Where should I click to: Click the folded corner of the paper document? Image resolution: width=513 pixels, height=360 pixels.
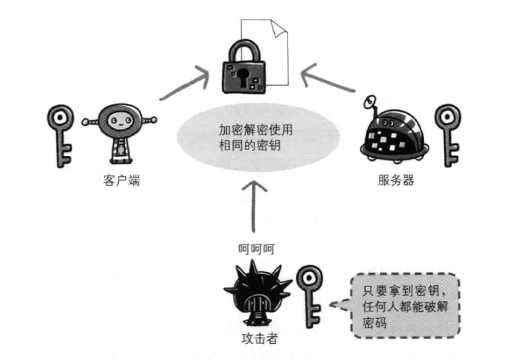pyautogui.click(x=279, y=28)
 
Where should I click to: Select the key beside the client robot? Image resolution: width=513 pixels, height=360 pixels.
pyautogui.click(x=61, y=136)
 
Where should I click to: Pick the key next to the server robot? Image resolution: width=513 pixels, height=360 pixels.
pyautogui.click(x=448, y=135)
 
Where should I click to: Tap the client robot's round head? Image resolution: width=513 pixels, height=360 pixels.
pyautogui.click(x=120, y=121)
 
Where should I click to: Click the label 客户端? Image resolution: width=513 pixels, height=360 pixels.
pyautogui.click(x=122, y=180)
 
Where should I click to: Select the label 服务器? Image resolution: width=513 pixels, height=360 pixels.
pyautogui.click(x=396, y=180)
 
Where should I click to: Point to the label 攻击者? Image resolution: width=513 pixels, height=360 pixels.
pyautogui.click(x=260, y=338)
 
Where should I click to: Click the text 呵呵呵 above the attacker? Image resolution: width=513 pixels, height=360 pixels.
pyautogui.click(x=256, y=249)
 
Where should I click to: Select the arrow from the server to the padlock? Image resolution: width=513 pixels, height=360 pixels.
pyautogui.click(x=327, y=78)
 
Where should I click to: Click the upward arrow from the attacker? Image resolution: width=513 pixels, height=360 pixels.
pyautogui.click(x=254, y=207)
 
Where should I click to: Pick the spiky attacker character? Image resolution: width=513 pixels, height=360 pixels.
pyautogui.click(x=257, y=294)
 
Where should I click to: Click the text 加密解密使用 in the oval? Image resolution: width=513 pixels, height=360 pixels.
pyautogui.click(x=256, y=130)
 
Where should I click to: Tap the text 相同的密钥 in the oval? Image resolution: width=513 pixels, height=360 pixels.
pyautogui.click(x=250, y=145)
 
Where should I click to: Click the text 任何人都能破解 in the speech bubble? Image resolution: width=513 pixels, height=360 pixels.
pyautogui.click(x=406, y=307)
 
